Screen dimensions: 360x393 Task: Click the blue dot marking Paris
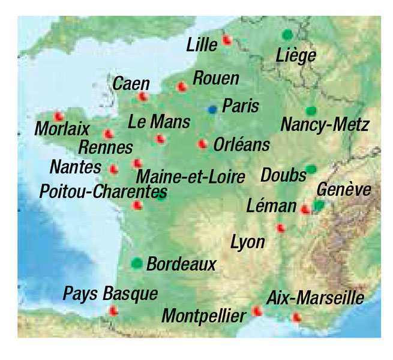click(x=212, y=109)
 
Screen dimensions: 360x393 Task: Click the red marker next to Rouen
click(x=181, y=87)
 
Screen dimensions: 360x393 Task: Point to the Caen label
click(x=131, y=84)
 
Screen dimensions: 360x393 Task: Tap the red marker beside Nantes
click(x=113, y=169)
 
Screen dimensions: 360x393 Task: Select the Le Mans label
click(x=159, y=122)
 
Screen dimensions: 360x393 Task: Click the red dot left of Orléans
click(x=202, y=144)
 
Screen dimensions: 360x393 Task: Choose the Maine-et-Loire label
click(x=191, y=177)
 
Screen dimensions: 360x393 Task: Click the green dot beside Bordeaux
click(x=137, y=262)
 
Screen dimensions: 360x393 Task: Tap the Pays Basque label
click(x=111, y=294)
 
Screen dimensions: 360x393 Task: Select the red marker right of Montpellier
click(x=257, y=311)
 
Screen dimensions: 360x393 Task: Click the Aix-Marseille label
click(x=315, y=298)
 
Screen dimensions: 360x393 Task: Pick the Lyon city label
click(x=248, y=242)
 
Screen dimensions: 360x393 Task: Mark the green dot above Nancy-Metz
click(x=310, y=111)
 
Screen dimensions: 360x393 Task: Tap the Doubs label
click(x=283, y=175)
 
